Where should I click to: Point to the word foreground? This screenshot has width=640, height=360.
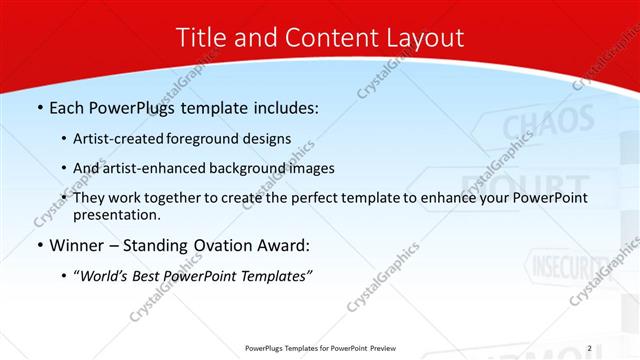204,139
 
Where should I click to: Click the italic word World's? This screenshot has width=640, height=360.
105,275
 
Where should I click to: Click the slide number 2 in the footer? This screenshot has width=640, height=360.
589,348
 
